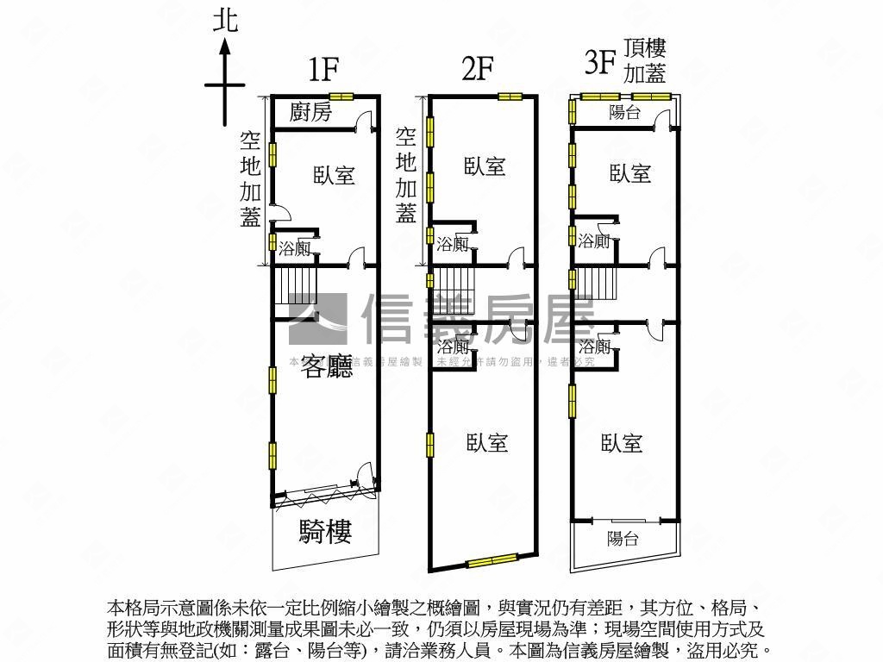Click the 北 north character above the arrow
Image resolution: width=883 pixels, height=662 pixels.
point(225,21)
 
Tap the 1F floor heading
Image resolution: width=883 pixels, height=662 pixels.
point(323,69)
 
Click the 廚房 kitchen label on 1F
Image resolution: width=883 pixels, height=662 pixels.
point(310,112)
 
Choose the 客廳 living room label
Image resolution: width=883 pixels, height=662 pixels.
point(328,368)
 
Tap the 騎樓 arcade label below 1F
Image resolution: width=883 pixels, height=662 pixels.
point(325,532)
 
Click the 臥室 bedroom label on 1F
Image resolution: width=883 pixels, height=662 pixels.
point(334,175)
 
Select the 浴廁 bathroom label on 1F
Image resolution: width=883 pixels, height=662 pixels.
point(295,249)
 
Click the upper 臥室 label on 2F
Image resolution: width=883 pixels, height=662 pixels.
point(484,166)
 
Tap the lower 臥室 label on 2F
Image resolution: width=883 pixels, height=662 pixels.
point(487,442)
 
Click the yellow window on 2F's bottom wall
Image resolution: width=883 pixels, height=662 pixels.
point(492,562)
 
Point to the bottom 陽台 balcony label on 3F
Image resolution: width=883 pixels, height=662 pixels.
point(622,539)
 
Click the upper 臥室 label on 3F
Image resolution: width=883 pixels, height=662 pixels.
point(630,173)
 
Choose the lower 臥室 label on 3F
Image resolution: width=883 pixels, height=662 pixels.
point(622,443)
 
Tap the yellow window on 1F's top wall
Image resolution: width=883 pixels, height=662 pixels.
point(341,96)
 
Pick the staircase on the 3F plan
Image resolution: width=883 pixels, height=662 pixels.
point(597,283)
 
